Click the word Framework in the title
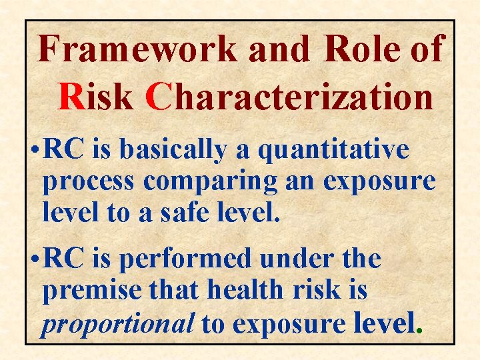click(x=137, y=49)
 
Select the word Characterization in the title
click(x=291, y=97)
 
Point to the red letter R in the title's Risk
click(x=69, y=97)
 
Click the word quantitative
click(x=333, y=151)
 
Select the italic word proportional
click(x=117, y=324)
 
